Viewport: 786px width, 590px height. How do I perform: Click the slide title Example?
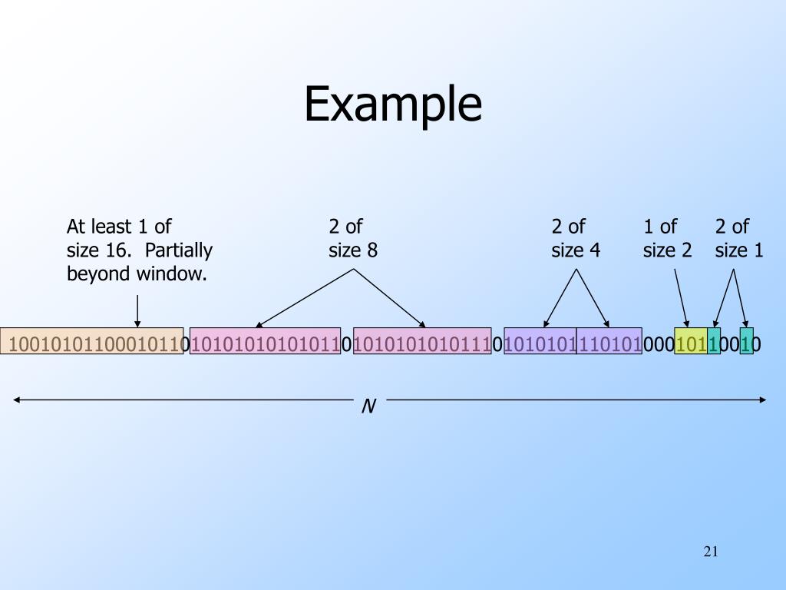(x=393, y=105)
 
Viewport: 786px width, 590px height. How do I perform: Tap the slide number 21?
(x=710, y=552)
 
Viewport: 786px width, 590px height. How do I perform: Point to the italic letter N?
(x=368, y=406)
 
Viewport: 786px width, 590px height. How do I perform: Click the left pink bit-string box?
(x=265, y=343)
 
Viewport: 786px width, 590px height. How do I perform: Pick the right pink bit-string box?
(x=421, y=343)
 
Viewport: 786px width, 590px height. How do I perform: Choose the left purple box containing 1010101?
(x=540, y=343)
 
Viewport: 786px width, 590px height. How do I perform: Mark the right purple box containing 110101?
(x=609, y=343)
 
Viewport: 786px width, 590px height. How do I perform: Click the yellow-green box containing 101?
(x=691, y=343)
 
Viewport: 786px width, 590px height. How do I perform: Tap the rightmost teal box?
(x=747, y=343)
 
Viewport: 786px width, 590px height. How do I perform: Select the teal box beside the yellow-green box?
(x=714, y=343)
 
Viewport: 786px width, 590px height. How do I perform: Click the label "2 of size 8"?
(x=353, y=238)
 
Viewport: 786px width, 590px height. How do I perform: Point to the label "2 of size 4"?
(x=576, y=238)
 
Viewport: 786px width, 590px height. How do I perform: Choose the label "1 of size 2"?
(x=667, y=238)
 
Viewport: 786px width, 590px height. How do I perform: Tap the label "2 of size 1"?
(x=739, y=238)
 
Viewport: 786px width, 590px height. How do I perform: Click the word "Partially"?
(x=179, y=250)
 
